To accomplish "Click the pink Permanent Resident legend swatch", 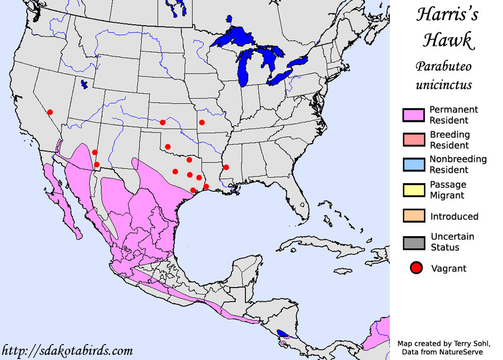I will (x=414, y=115).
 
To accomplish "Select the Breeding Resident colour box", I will (x=414, y=140).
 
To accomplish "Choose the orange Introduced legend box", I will (x=414, y=216).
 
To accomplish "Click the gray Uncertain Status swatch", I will (x=414, y=242).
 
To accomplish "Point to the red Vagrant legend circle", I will (x=416, y=268).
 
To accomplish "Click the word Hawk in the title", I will (x=444, y=41).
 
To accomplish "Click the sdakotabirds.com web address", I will (x=67, y=351).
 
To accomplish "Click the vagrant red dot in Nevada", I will (x=50, y=112).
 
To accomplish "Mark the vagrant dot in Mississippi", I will (x=226, y=167).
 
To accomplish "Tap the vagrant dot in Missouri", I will (x=202, y=122).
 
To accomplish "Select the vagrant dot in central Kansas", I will (x=163, y=122).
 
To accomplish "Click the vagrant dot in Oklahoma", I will (x=168, y=147).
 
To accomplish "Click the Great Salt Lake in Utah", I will (x=84, y=84).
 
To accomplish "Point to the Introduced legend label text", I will (x=454, y=217).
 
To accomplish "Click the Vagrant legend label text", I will (x=448, y=268).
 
